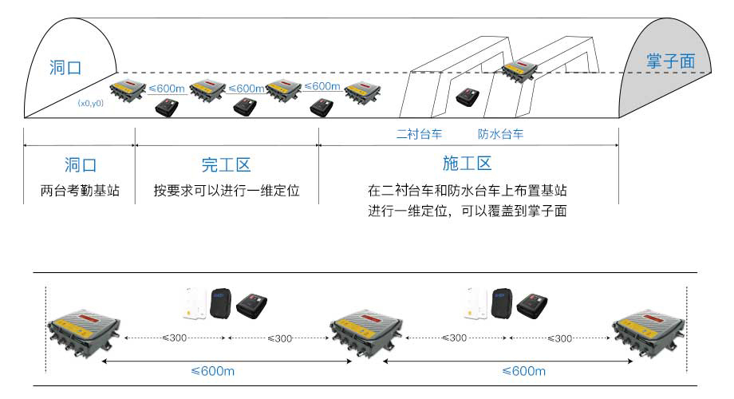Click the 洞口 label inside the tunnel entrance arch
(65, 66)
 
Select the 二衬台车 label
(420, 134)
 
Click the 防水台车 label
(500, 134)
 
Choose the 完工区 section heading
(226, 165)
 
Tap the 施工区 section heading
(467, 164)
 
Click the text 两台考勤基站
(80, 192)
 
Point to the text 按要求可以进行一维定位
(226, 192)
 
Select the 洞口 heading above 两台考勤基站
(80, 165)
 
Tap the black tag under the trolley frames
(468, 98)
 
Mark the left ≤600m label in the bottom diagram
(213, 371)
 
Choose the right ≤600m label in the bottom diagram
(524, 371)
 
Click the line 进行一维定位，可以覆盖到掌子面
(467, 212)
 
